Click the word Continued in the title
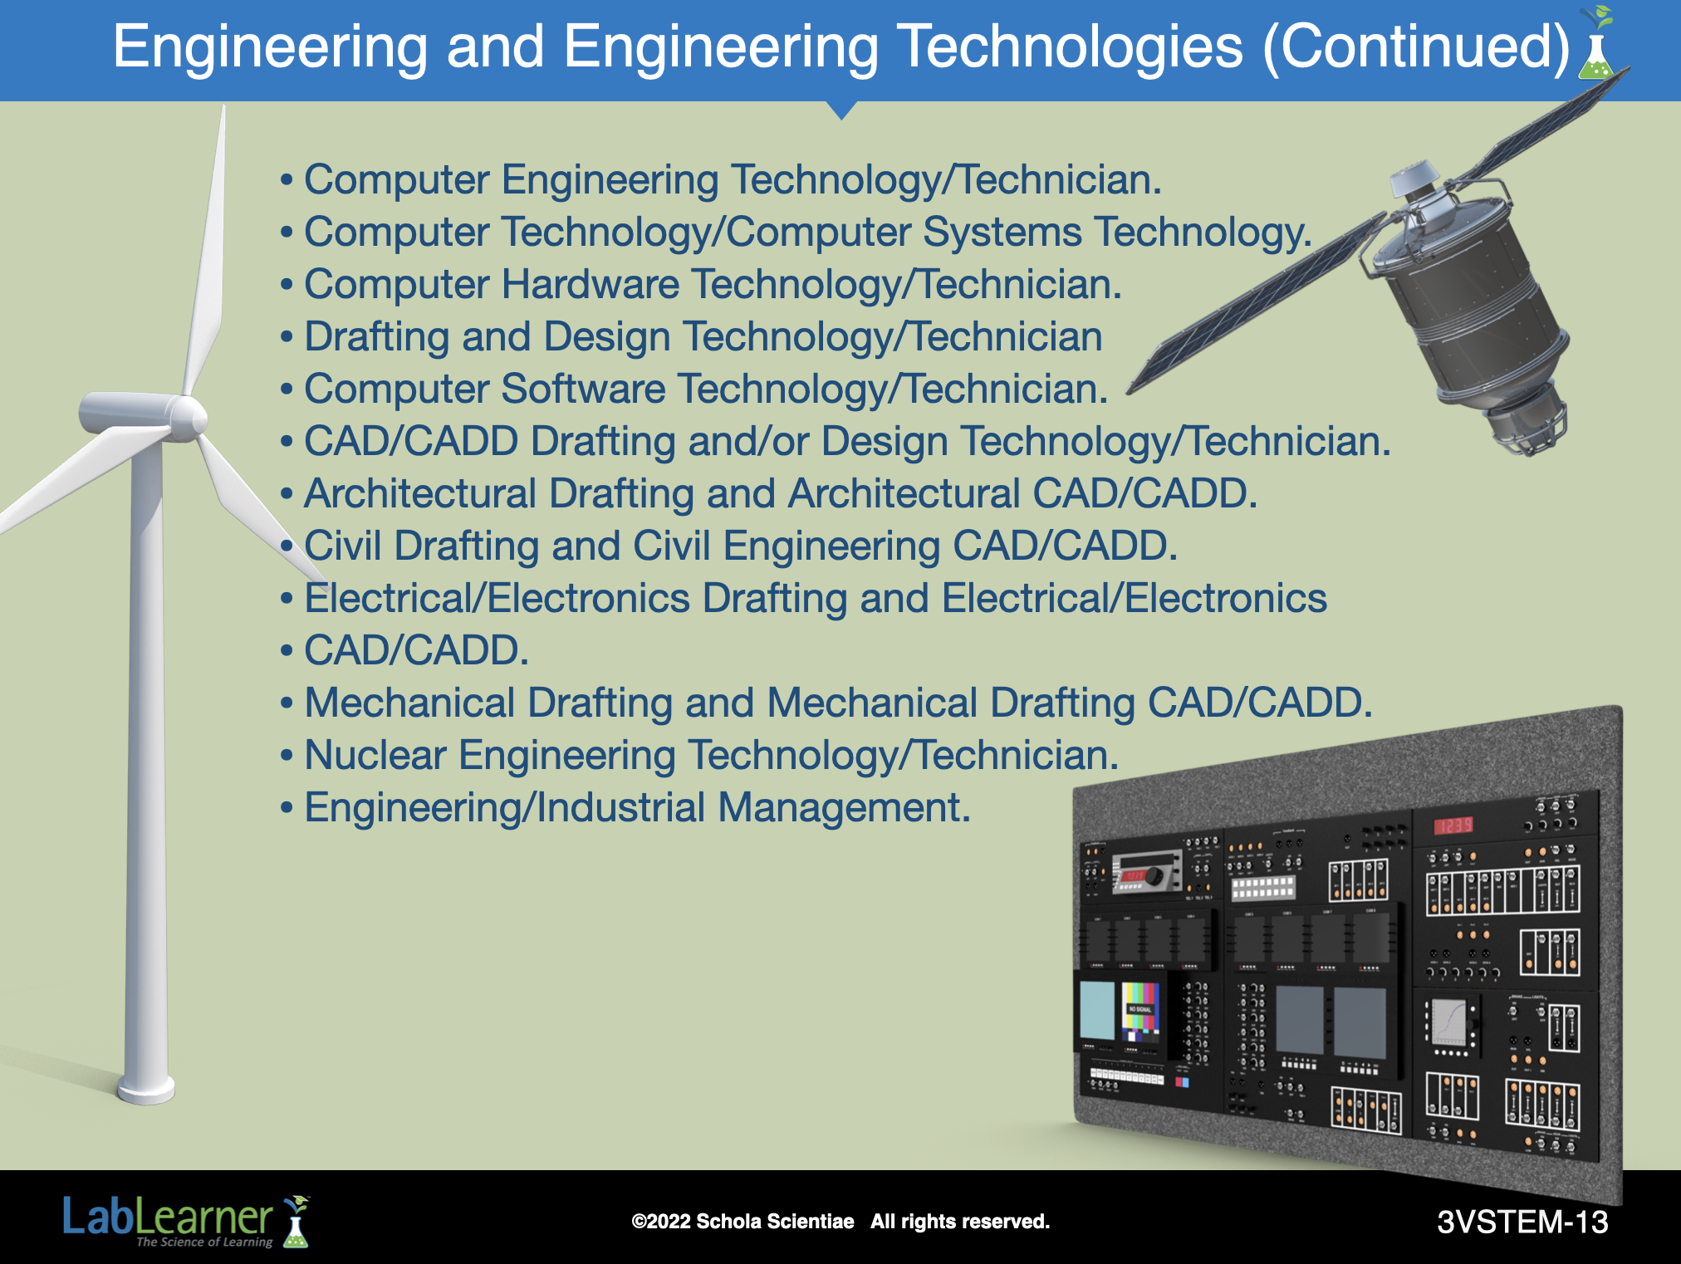click(1415, 47)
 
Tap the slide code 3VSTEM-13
click(1522, 1222)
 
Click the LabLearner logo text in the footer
click(168, 1217)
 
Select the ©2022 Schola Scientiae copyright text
click(742, 1222)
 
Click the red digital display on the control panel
click(1453, 825)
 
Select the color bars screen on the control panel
click(1139, 1011)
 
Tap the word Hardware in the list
click(591, 284)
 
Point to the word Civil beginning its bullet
click(342, 546)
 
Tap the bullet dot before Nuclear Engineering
click(287, 757)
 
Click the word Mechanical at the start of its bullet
click(410, 703)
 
